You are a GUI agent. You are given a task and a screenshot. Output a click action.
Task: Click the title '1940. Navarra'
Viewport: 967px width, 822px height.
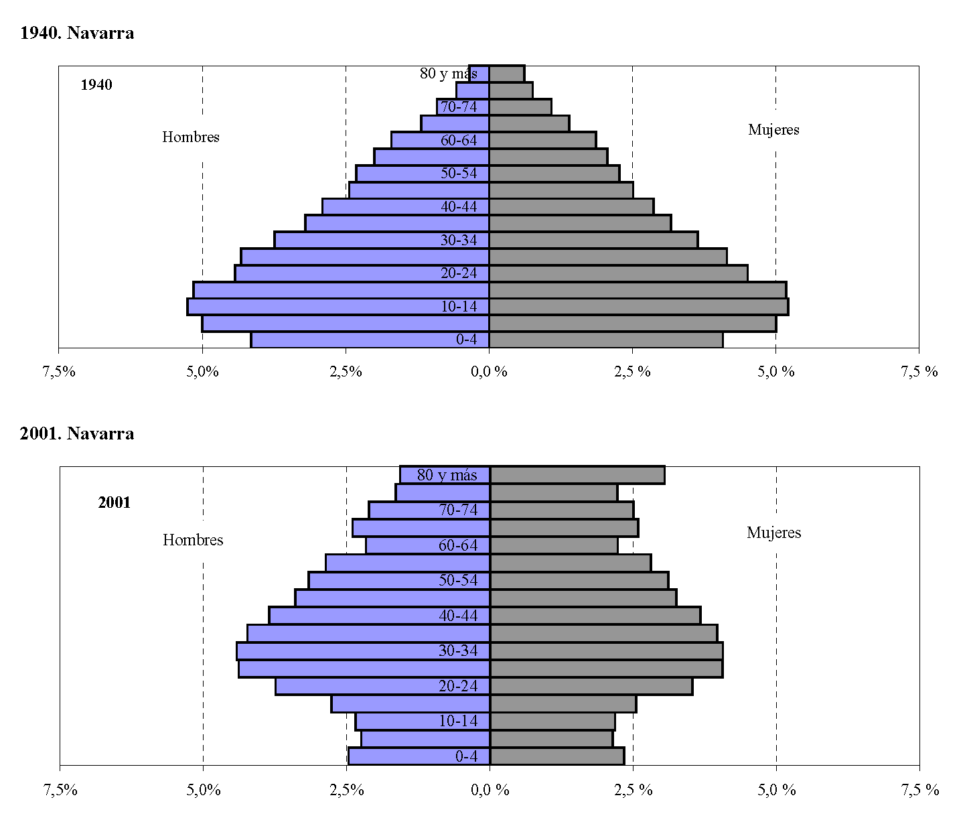[77, 33]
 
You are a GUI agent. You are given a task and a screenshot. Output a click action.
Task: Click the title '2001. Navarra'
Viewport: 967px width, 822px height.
[77, 433]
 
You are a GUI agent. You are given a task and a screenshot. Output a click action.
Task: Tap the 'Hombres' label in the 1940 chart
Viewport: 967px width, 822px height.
[191, 137]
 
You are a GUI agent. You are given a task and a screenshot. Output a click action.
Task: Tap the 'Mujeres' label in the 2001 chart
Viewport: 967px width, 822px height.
[773, 533]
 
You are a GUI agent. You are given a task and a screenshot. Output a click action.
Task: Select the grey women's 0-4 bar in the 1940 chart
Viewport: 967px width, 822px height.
[605, 340]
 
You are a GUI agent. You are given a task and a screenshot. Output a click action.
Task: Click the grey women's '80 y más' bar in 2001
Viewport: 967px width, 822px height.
[577, 474]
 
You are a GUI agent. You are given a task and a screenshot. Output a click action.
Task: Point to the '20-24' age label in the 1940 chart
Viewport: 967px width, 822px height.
[459, 273]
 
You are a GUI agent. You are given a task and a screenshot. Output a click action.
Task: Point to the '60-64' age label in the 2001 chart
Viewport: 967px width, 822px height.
[458, 545]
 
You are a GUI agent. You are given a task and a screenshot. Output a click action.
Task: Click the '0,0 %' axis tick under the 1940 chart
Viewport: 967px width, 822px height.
[490, 372]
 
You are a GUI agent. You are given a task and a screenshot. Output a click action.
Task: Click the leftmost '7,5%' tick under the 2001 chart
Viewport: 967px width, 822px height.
[60, 791]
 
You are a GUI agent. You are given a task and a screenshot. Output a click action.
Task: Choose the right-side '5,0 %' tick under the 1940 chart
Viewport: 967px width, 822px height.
[776, 372]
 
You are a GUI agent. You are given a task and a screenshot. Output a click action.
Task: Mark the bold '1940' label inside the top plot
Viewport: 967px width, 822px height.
[96, 85]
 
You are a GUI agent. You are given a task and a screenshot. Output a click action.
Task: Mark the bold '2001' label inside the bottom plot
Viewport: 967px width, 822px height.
[115, 503]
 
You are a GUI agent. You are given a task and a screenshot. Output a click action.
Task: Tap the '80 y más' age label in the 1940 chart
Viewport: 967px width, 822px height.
[448, 74]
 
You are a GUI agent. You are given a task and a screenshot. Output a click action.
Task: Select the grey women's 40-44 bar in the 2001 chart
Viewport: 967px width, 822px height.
[595, 615]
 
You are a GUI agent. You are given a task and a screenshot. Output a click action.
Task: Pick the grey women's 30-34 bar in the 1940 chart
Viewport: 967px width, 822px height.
[593, 240]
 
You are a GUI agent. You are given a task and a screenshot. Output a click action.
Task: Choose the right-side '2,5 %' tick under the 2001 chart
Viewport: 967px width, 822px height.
[634, 791]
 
